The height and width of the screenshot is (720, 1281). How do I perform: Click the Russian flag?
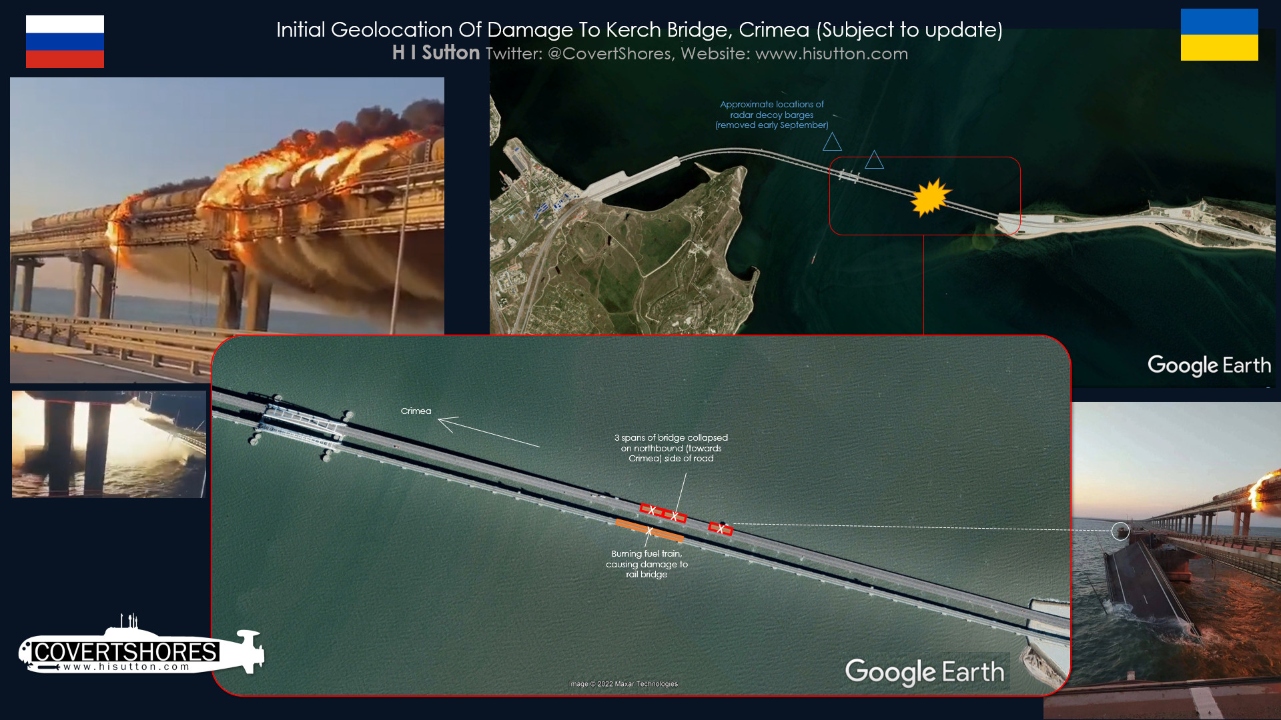(65, 41)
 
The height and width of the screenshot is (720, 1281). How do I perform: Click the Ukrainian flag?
(1219, 35)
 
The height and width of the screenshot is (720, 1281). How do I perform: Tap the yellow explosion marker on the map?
(930, 197)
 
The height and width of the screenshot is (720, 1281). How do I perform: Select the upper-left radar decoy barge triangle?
(832, 142)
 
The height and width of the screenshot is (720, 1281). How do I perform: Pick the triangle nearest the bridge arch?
(874, 160)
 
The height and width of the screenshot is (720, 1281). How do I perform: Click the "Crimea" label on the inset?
(416, 411)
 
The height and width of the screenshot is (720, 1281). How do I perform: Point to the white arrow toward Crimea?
(488, 432)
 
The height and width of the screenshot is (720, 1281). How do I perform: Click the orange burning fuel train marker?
(649, 530)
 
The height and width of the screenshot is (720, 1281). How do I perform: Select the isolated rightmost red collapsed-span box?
(721, 529)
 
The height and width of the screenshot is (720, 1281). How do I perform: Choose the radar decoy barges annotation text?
(772, 115)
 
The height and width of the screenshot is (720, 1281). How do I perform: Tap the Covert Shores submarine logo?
(141, 645)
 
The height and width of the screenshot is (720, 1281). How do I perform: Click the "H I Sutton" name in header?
(436, 53)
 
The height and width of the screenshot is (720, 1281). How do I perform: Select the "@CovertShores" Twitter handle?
(609, 54)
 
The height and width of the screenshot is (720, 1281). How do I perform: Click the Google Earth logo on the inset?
(925, 672)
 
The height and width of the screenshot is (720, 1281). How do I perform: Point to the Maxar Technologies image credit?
(623, 684)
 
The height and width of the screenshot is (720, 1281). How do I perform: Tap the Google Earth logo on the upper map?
(1209, 365)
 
